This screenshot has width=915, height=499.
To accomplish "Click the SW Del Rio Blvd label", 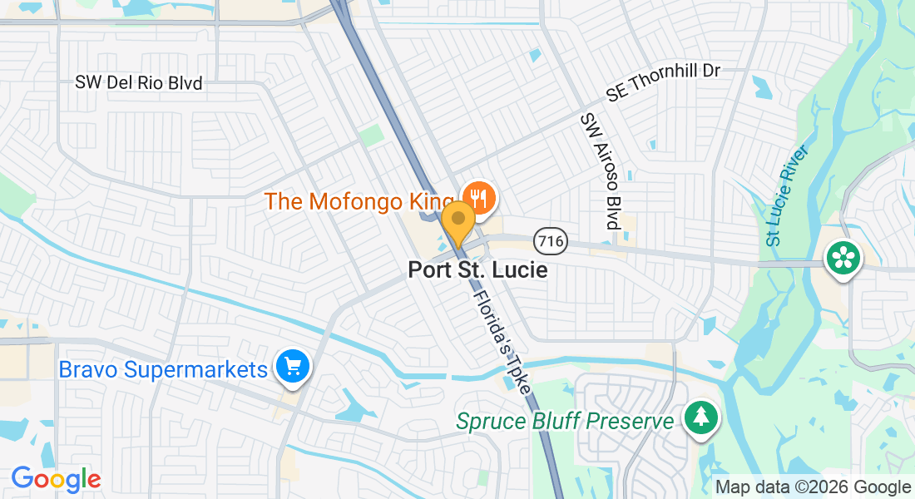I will coord(138,83).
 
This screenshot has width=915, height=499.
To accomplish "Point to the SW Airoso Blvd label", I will coord(601,171).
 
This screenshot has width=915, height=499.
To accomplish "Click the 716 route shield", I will coord(551,242).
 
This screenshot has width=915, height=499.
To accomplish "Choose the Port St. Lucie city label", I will coord(477,270).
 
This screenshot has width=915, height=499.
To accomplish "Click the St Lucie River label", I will coord(785,196).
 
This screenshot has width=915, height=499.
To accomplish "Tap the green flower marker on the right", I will coord(843,259).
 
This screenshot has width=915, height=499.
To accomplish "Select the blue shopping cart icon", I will coord(292,366).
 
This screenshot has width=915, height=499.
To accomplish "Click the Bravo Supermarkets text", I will coord(162,369).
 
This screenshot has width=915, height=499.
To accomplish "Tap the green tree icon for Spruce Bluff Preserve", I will coord(700,419).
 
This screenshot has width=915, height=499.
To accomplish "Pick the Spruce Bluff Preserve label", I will coord(565,421).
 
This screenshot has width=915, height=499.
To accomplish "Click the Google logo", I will coord(56,479).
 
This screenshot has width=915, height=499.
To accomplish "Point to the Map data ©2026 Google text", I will coord(814,487).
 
